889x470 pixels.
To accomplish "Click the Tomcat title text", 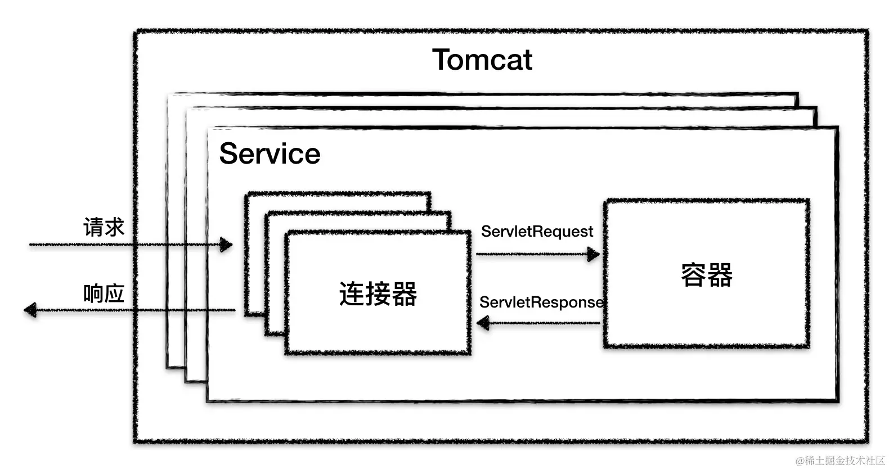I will (x=482, y=60).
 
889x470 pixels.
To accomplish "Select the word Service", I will (x=270, y=153).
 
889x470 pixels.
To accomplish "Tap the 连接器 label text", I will (x=378, y=293).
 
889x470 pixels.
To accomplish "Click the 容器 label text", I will (x=707, y=275).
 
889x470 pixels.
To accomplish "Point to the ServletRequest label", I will (x=537, y=232).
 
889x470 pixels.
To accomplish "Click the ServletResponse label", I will (x=541, y=302).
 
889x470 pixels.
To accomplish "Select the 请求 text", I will (x=104, y=227).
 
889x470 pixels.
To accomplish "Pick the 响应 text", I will (x=104, y=293).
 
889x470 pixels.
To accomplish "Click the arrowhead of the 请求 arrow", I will (x=226, y=245).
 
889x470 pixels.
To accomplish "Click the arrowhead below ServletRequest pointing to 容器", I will (x=594, y=254).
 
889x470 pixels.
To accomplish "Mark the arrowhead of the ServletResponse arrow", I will (x=483, y=323).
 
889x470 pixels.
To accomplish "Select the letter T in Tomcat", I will (x=443, y=60).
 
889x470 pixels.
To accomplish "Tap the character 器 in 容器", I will (x=720, y=275).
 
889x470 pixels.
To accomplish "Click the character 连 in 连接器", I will (x=352, y=293).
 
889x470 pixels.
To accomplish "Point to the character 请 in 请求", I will (x=93, y=227).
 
